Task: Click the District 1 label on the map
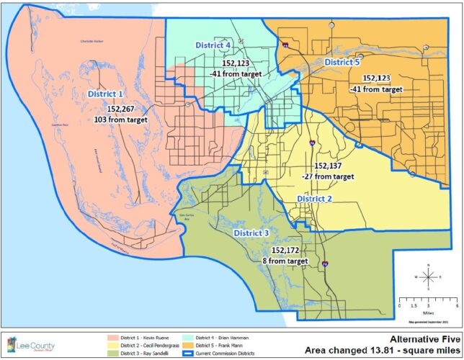point(106,94)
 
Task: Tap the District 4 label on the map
point(213,45)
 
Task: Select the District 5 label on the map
point(342,63)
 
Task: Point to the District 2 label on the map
point(314,198)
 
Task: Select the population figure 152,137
point(327,165)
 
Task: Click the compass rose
point(428,276)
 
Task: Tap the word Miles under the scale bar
point(428,313)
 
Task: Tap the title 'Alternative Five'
point(420,336)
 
